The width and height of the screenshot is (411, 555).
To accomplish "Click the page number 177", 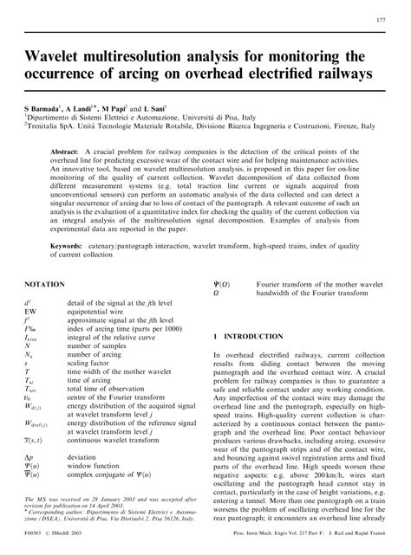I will pyautogui.click(x=381, y=20).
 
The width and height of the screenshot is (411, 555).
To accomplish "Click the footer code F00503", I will pyautogui.click(x=36, y=547).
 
